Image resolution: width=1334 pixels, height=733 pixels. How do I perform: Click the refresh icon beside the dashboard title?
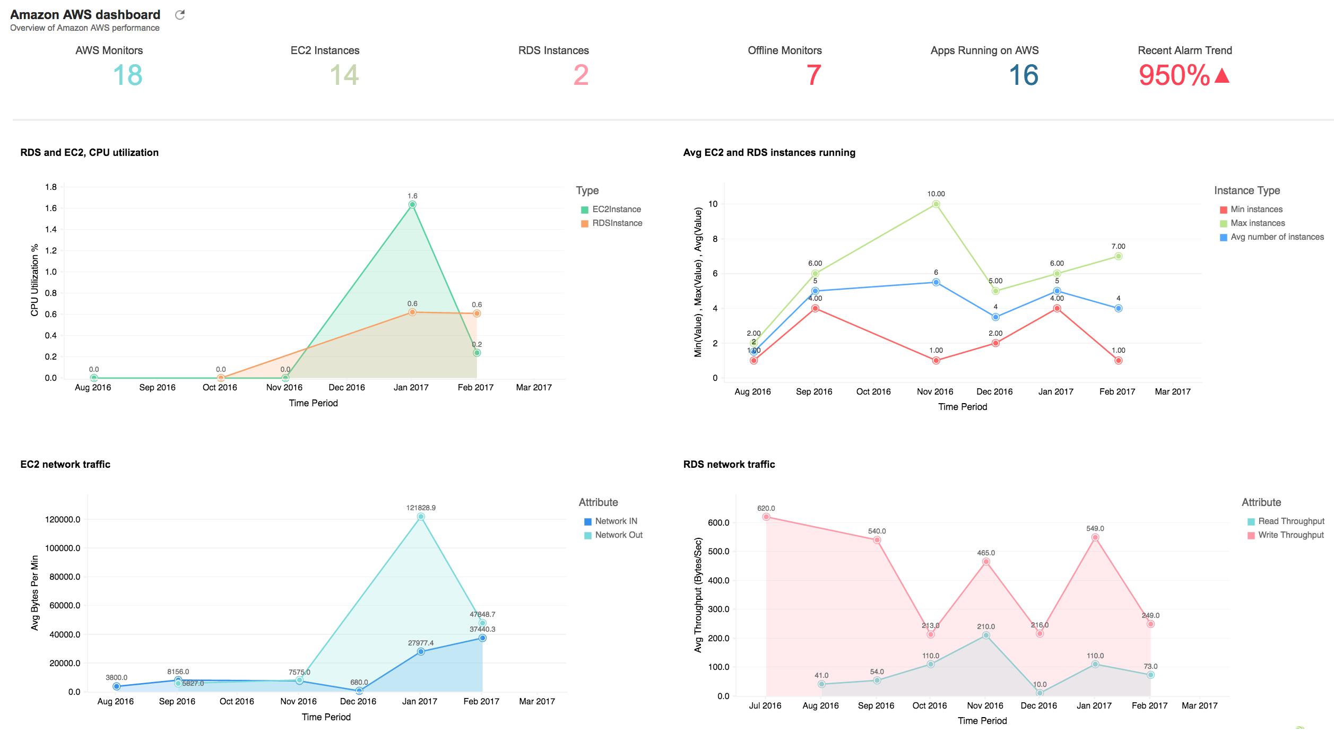(x=180, y=15)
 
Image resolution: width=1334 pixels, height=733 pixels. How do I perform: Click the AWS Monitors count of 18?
(x=128, y=75)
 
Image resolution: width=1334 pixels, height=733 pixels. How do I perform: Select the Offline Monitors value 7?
(x=813, y=75)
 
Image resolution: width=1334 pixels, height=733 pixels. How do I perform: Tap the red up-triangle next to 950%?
(x=1222, y=76)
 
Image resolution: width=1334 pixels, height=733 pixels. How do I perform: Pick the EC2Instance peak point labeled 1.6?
(x=412, y=205)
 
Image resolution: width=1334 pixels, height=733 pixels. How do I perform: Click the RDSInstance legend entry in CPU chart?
(x=617, y=223)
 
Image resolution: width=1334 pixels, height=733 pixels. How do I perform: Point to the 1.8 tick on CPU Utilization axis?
(x=51, y=187)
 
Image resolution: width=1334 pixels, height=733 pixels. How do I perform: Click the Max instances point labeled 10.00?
(x=936, y=204)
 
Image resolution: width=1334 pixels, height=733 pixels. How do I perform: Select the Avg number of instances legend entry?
(x=1277, y=237)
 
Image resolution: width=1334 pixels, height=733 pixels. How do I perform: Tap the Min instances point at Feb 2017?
(x=1118, y=361)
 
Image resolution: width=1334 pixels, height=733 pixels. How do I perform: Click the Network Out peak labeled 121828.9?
(x=421, y=517)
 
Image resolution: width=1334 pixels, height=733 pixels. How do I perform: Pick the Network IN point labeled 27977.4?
(x=421, y=651)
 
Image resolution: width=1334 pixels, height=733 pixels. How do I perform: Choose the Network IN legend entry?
(x=616, y=521)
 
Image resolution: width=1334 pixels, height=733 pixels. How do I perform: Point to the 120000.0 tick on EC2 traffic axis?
(x=63, y=519)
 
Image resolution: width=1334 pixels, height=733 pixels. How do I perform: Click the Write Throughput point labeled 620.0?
(x=766, y=517)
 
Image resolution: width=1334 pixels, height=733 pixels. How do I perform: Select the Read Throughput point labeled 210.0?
(x=986, y=635)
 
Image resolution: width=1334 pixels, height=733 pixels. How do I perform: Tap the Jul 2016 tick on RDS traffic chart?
(x=765, y=705)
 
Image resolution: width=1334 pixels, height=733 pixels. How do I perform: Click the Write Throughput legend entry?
(x=1290, y=535)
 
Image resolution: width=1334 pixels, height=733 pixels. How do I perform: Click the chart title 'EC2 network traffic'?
(x=65, y=464)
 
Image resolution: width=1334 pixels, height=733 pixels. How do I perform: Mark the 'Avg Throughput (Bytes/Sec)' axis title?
(x=698, y=595)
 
